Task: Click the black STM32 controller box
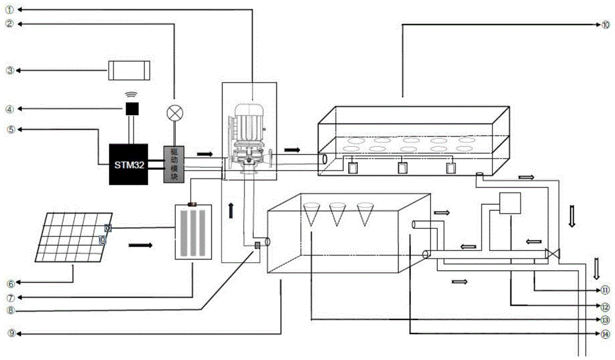pos(128,164)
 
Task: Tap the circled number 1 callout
pos(9,10)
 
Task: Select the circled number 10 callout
pos(605,25)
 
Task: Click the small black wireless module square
pos(132,109)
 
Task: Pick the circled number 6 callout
pos(9,284)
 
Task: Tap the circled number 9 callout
pos(9,333)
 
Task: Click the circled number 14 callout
pos(605,334)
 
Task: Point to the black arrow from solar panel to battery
pos(141,244)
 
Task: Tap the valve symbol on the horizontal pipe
pos(554,253)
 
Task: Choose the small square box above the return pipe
pos(510,204)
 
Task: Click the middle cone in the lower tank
pos(337,213)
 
